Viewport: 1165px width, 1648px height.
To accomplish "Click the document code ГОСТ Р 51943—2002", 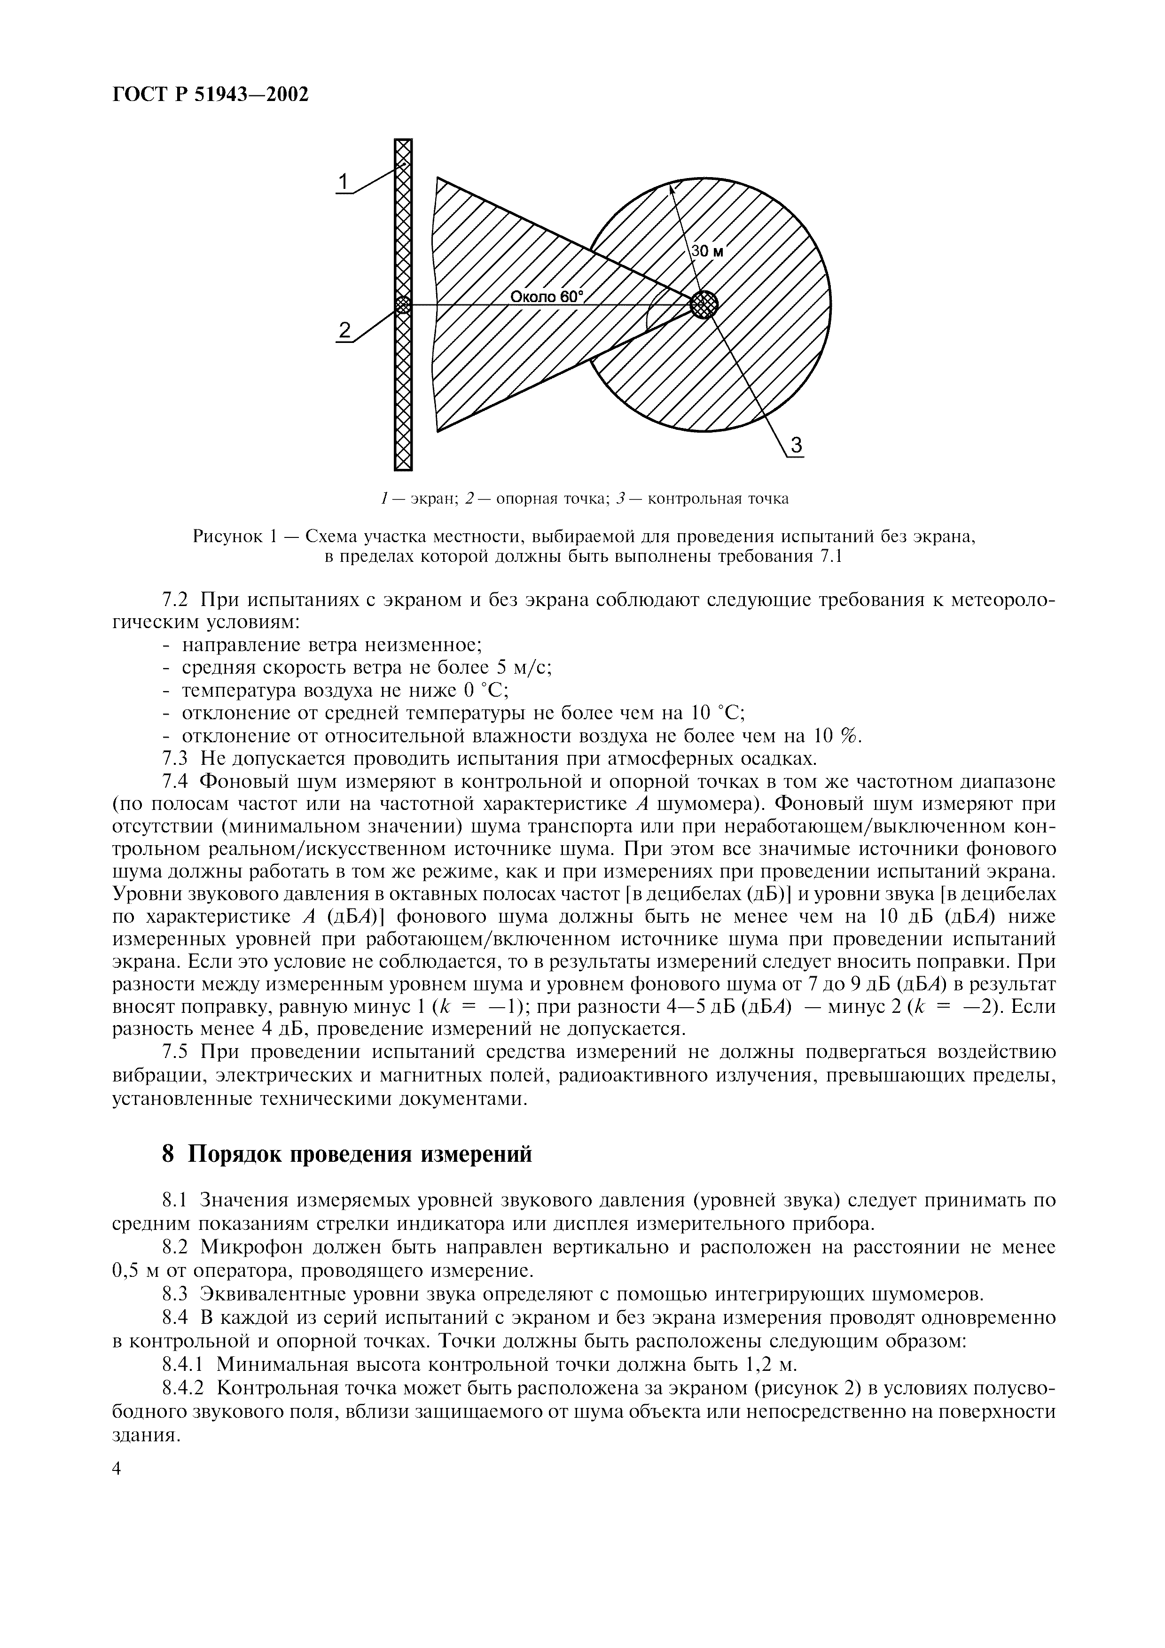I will (x=211, y=94).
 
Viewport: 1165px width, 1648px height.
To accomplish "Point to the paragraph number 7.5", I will (x=174, y=1052).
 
